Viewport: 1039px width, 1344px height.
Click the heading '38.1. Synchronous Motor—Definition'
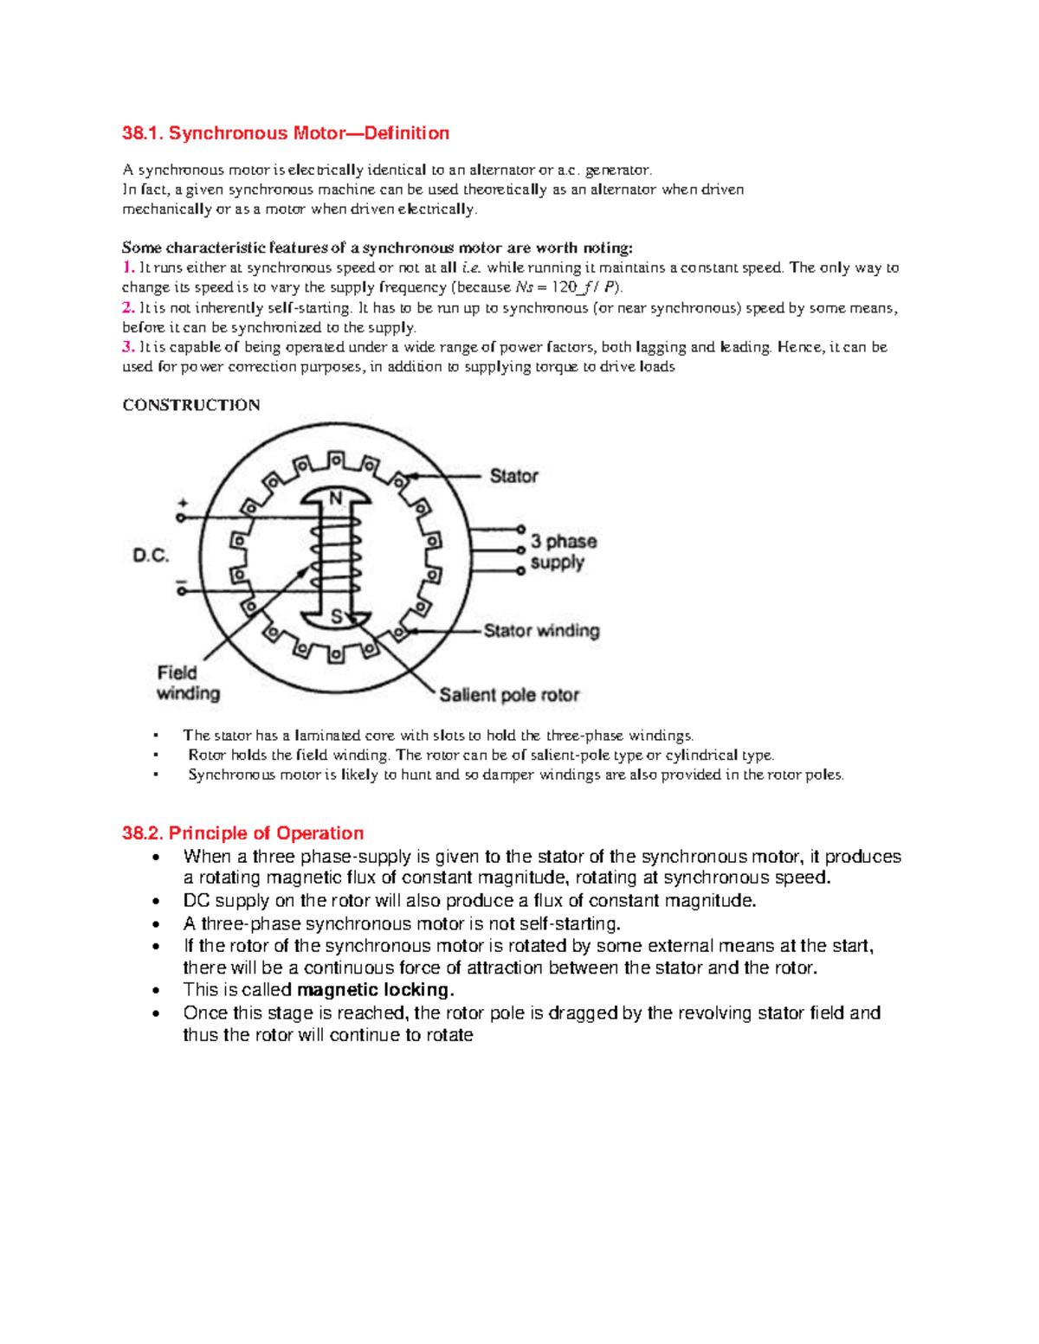pos(286,133)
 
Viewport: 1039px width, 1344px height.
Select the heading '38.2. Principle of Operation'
pos(242,833)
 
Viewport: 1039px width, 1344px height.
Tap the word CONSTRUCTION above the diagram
pos(191,405)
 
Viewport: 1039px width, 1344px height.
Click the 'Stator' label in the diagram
pos(513,476)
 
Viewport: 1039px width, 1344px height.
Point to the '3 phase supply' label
pos(563,551)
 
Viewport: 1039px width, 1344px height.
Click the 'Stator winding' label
pos(541,631)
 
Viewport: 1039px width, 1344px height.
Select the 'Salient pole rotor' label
pos(509,695)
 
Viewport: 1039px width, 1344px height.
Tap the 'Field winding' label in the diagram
pos(188,683)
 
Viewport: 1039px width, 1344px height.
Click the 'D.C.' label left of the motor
pos(151,556)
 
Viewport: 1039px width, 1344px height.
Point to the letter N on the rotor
pos(336,498)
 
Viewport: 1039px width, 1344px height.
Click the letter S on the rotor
pos(337,617)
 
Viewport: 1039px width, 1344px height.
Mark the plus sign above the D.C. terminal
pos(182,503)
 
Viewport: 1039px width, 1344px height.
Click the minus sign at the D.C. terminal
pos(182,582)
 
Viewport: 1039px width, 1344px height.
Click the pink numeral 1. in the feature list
pos(128,267)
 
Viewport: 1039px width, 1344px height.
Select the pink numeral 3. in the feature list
pos(128,347)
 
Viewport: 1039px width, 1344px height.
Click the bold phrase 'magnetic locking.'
pos(375,990)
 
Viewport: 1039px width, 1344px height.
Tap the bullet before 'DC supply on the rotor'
pos(156,902)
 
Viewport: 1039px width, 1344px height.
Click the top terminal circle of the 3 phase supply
pos(520,528)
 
